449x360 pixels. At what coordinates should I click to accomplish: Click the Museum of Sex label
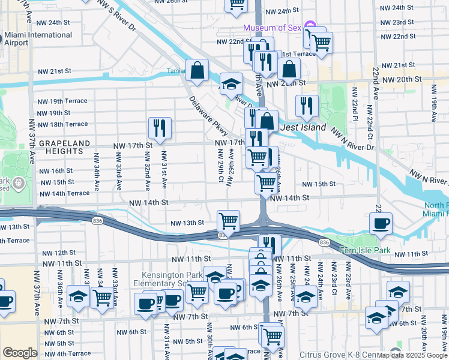(272, 28)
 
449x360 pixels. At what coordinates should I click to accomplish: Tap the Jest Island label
(304, 128)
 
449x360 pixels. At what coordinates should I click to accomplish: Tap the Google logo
(20, 353)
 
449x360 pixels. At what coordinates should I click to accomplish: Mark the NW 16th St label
(56, 171)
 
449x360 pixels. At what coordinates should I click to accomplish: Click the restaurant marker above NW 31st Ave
(160, 127)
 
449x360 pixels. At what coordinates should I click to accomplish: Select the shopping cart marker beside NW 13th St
(228, 221)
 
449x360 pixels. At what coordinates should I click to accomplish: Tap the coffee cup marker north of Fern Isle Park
(381, 223)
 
